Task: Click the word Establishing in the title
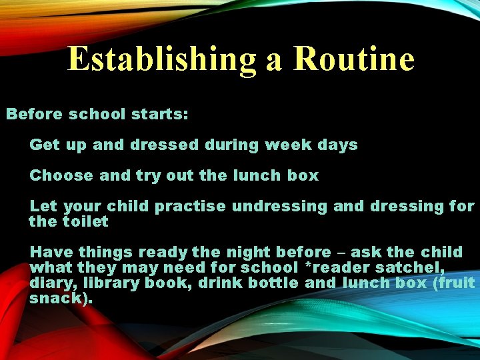tap(161, 59)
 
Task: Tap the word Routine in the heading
tap(353, 59)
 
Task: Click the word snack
tap(57, 298)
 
